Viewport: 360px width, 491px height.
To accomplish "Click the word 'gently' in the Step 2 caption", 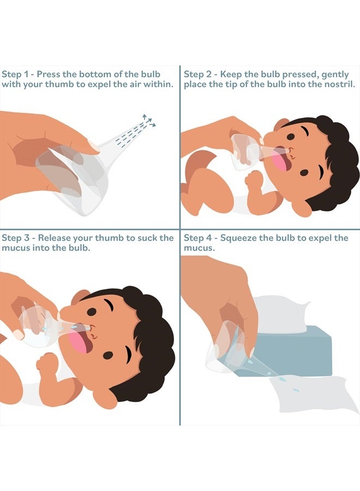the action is (x=335, y=75).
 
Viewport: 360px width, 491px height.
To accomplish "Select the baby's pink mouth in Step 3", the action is (x=81, y=342).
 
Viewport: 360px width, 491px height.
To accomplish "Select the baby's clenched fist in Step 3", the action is (x=46, y=363).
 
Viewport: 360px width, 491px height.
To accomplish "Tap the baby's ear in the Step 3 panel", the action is (x=80, y=296).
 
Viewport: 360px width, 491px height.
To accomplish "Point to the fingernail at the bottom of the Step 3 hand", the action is (x=19, y=334).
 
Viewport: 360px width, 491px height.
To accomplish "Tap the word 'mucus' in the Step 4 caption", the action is (x=199, y=248).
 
